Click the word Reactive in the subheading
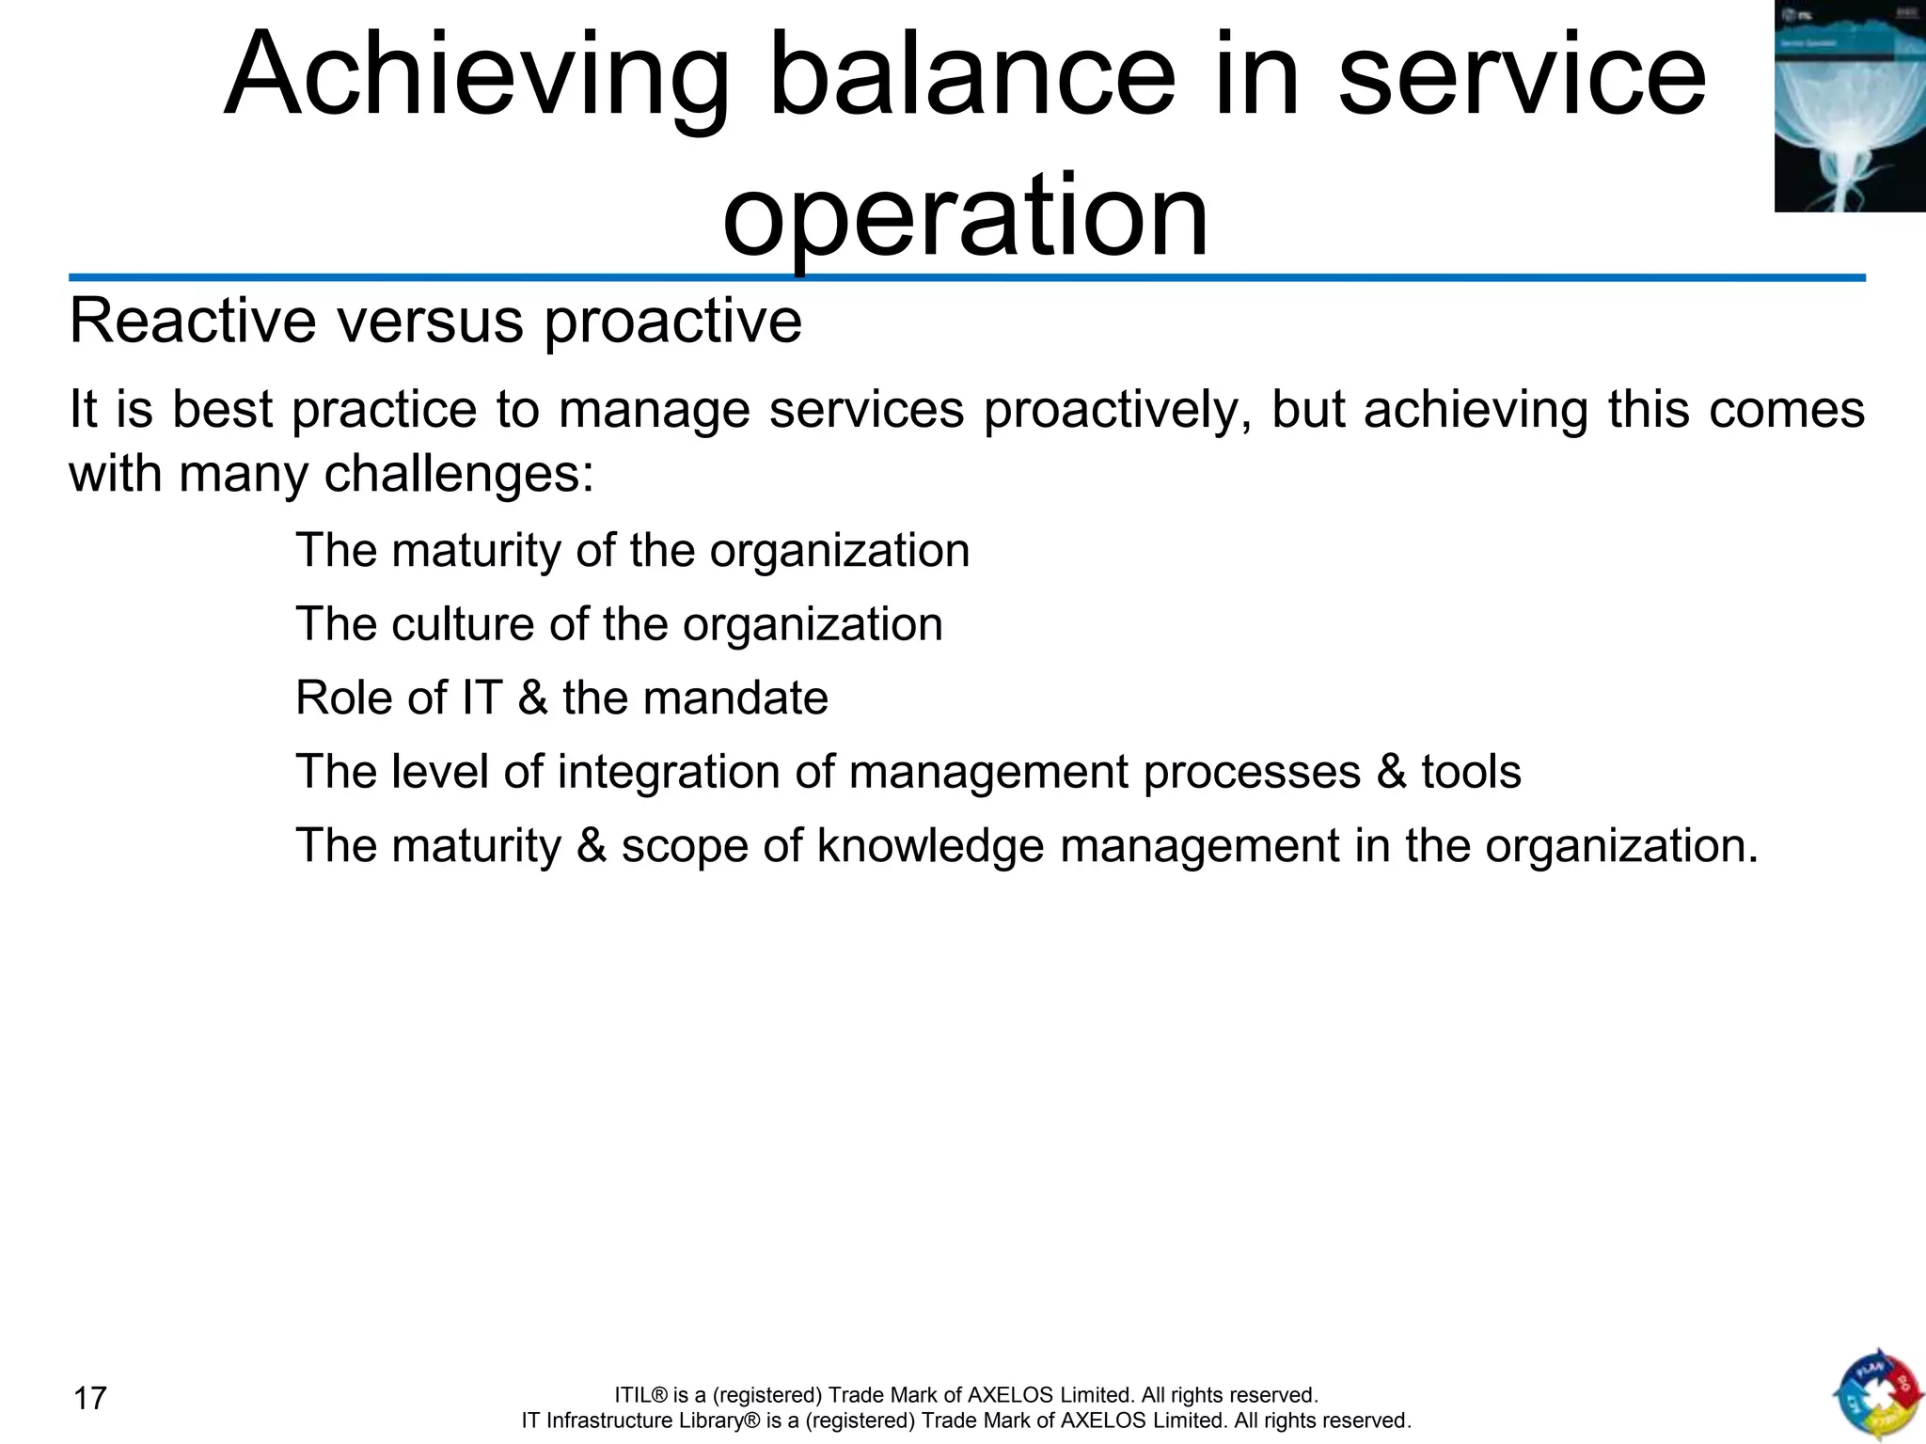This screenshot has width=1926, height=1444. click(x=192, y=322)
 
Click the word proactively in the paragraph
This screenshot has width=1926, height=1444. click(x=1118, y=411)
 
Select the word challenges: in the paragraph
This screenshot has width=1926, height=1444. click(x=459, y=474)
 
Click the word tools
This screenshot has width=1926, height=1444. click(x=1471, y=772)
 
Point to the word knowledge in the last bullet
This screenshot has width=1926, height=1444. click(x=930, y=846)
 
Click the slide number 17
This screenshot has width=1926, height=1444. click(x=90, y=1398)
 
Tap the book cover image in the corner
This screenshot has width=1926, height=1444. click(x=1849, y=105)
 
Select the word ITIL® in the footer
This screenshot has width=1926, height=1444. click(x=639, y=1395)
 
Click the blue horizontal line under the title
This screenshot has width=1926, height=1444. click(x=967, y=278)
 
